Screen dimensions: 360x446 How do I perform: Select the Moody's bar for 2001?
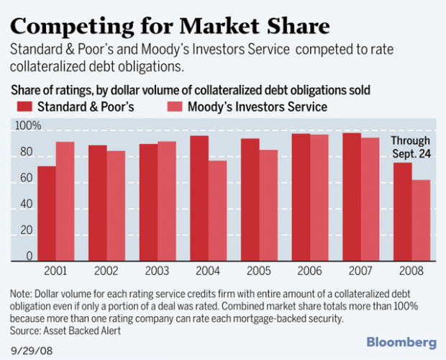(65, 200)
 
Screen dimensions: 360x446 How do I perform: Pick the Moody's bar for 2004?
(218, 210)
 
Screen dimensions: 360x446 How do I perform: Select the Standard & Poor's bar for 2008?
(403, 211)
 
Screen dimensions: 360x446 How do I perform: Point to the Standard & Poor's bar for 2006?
(301, 196)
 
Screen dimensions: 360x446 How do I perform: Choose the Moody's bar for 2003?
(167, 200)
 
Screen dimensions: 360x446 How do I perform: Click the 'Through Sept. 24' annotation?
(410, 147)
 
